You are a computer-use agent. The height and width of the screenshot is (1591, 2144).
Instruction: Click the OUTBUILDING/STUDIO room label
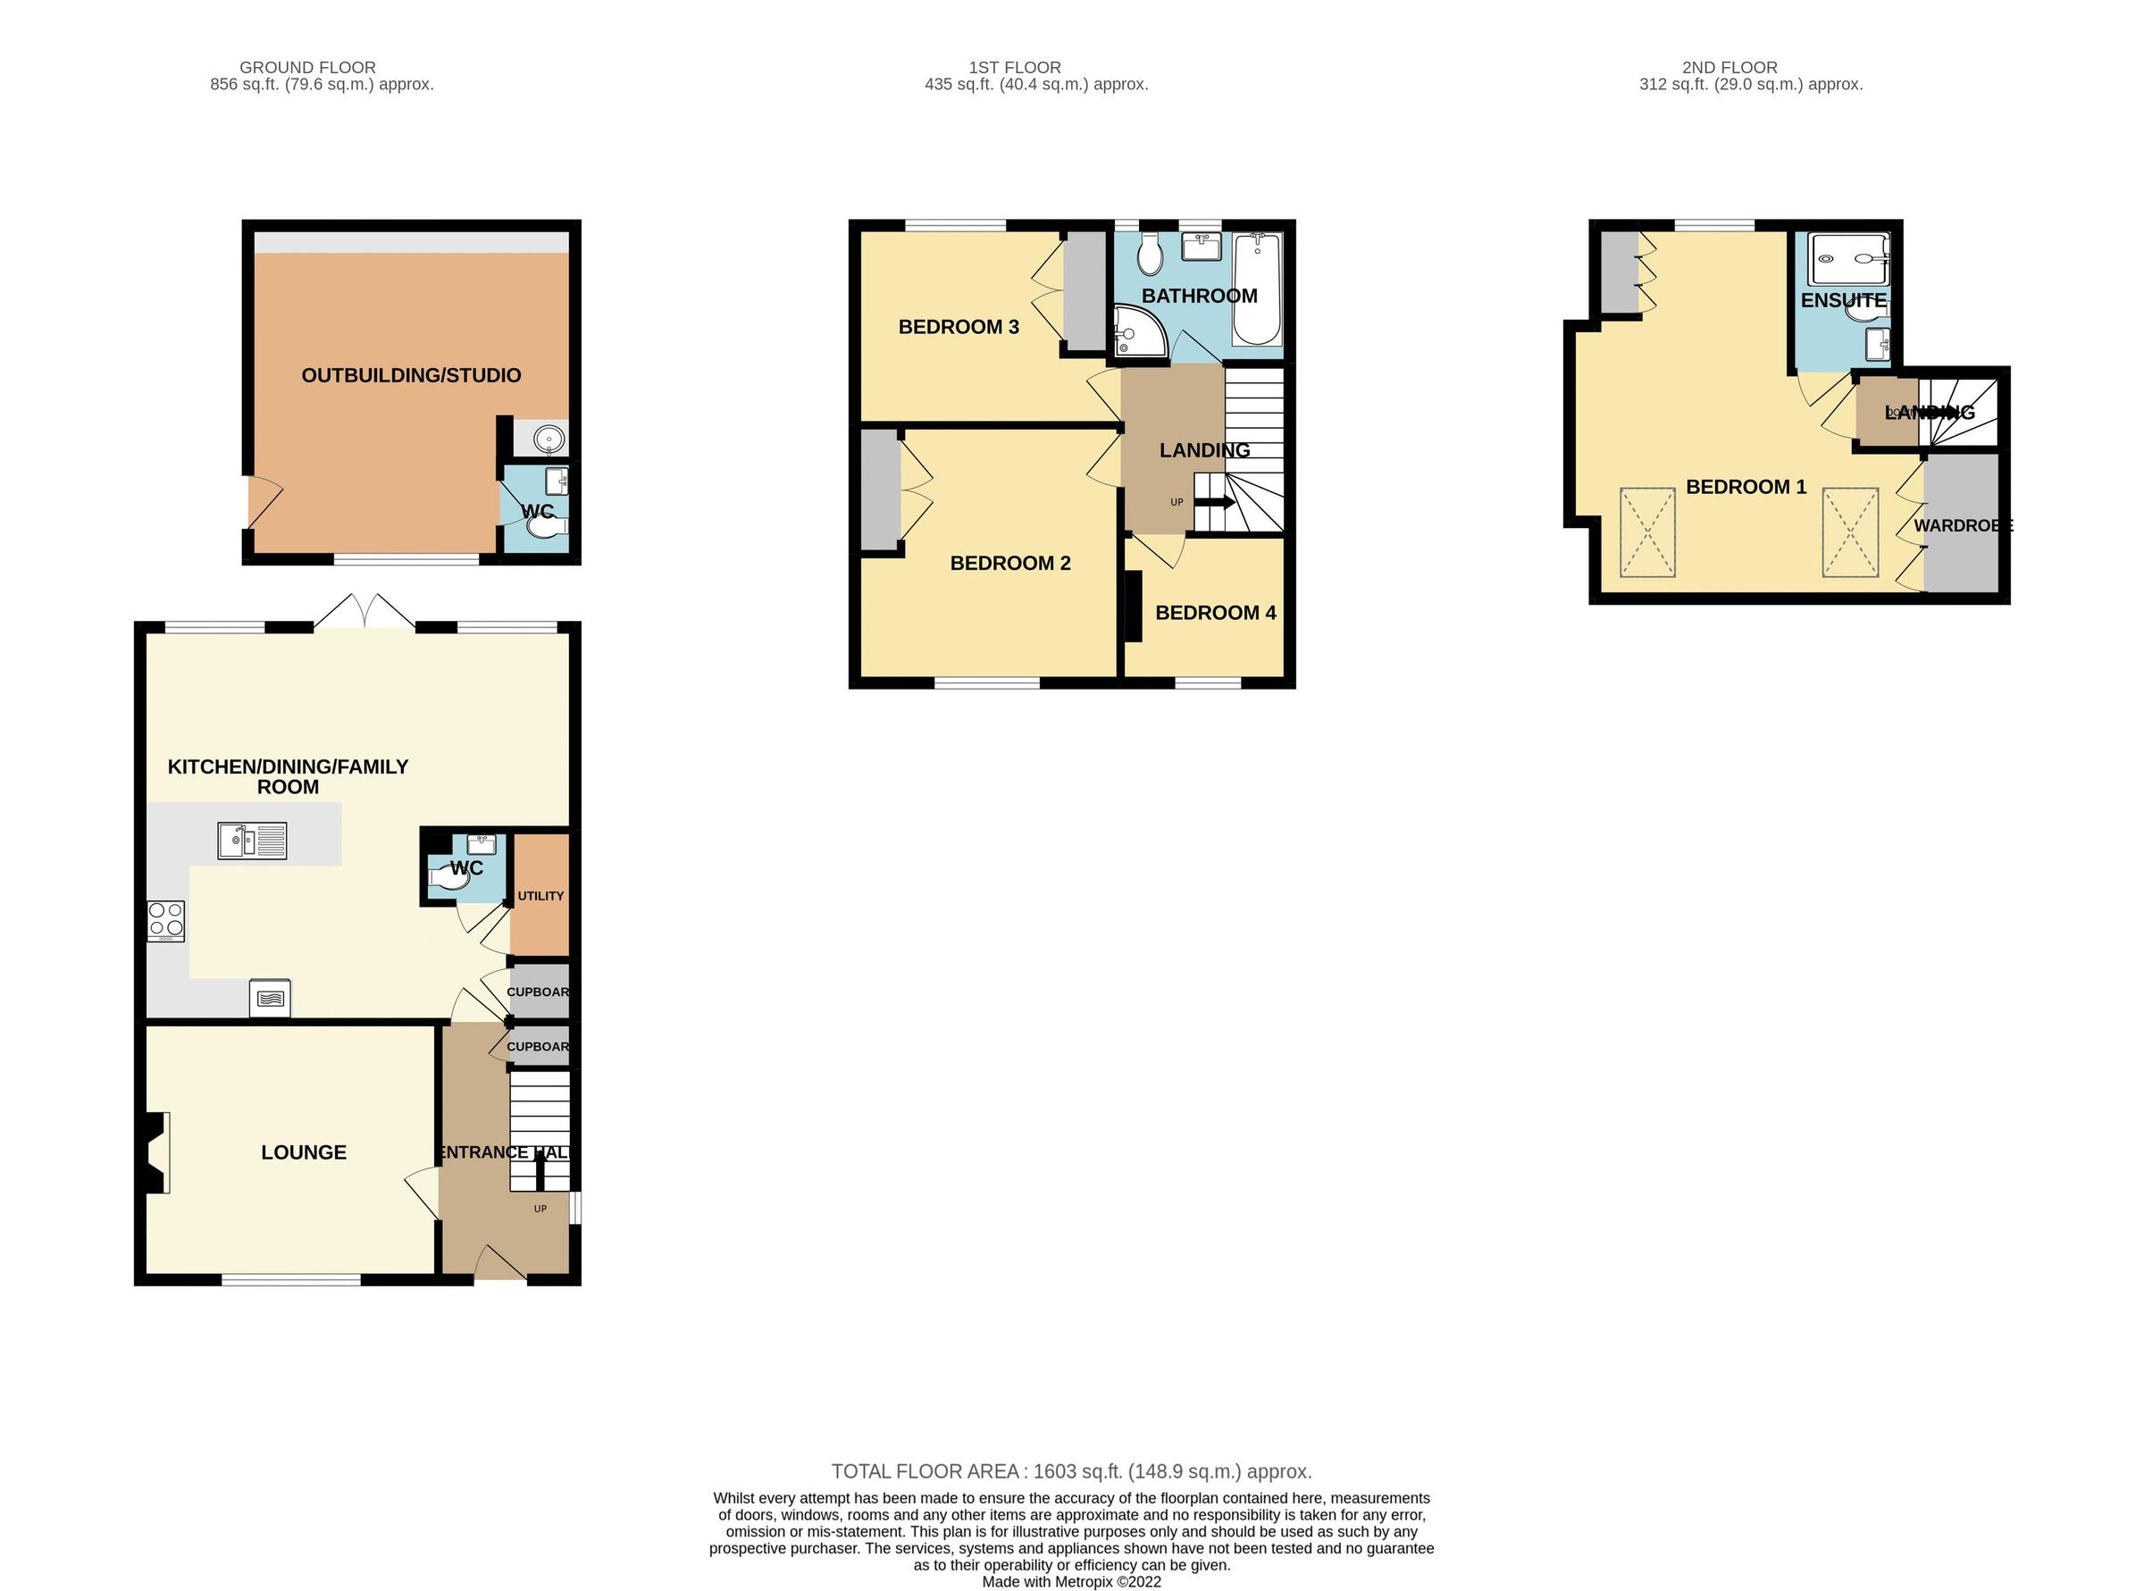point(410,375)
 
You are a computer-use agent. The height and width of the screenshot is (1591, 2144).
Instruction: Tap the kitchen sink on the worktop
point(251,841)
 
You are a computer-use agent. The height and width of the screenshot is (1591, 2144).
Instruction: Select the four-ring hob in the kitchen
point(164,920)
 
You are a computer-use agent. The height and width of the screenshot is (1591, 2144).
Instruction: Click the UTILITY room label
point(540,896)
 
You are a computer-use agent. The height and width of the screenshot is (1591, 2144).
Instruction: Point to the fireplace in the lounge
point(155,1152)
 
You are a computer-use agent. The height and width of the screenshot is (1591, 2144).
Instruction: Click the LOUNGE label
point(304,1151)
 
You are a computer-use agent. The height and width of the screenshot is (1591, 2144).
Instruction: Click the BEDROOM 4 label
point(1215,613)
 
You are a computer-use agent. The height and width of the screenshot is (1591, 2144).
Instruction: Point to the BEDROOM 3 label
point(958,326)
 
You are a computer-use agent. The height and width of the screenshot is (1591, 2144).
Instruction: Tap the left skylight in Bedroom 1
point(1647,532)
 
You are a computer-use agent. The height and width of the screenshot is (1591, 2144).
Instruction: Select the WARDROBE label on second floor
point(1962,526)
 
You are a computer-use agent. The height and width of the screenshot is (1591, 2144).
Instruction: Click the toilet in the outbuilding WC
point(549,528)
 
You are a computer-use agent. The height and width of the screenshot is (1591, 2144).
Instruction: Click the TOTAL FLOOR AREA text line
point(1071,1471)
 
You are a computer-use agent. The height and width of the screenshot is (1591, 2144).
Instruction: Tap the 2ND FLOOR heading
point(1729,67)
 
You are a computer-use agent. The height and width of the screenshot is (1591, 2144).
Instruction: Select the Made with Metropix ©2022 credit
point(1071,1581)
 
